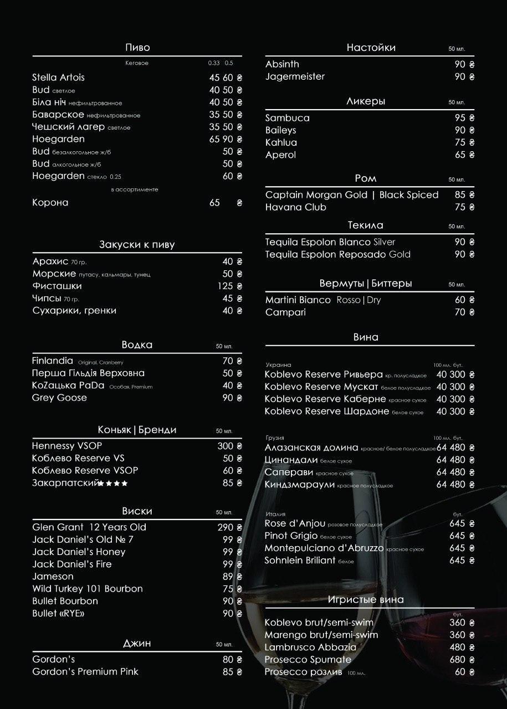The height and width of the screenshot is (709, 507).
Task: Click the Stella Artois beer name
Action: [58, 78]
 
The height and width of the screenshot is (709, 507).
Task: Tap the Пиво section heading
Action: [137, 48]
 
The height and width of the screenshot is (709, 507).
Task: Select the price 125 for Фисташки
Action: [225, 286]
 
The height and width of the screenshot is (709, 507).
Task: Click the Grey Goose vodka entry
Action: [59, 398]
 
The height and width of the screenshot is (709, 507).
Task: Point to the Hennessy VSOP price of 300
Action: [225, 446]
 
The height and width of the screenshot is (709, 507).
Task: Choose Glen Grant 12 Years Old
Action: [89, 527]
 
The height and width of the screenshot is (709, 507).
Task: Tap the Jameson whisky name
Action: [53, 577]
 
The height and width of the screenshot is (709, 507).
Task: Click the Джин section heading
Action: [137, 643]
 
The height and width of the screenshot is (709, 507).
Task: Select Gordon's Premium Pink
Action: [85, 671]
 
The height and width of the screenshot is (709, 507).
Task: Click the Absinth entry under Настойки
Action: [282, 64]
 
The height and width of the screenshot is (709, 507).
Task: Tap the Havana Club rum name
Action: [295, 207]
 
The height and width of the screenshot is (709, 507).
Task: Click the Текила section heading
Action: [365, 225]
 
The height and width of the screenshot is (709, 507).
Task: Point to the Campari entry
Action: [285, 312]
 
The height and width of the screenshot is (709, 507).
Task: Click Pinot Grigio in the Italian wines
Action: [291, 536]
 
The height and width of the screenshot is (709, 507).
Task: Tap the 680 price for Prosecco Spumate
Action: [457, 660]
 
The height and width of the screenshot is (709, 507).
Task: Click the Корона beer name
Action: [50, 203]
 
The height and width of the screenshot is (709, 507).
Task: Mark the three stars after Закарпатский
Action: [113, 484]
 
